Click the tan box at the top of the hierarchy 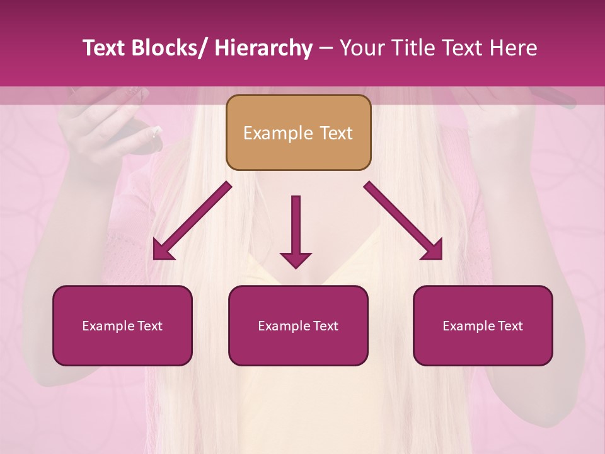tap(298, 132)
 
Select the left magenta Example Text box tap(122, 325)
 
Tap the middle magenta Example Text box tap(298, 325)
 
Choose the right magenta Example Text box tap(483, 325)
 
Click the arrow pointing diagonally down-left tap(192, 221)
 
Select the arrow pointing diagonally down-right tap(403, 221)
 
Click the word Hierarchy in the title tap(263, 49)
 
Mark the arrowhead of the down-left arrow tap(161, 252)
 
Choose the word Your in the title tap(362, 49)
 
